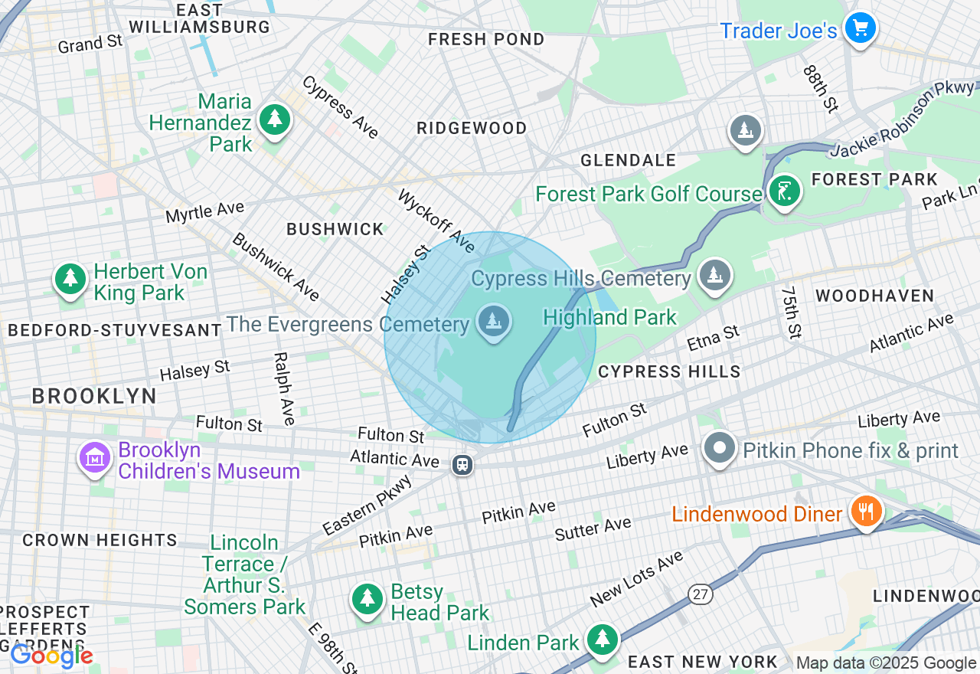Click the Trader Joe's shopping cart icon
pyautogui.click(x=860, y=29)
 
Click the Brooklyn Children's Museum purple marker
pyautogui.click(x=95, y=458)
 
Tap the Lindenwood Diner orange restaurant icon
pyautogui.click(x=865, y=511)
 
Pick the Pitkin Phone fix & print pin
pyautogui.click(x=720, y=449)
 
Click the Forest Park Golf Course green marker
pyautogui.click(x=783, y=191)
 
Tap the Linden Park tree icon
pyautogui.click(x=603, y=640)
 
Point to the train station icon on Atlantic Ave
pyautogui.click(x=462, y=464)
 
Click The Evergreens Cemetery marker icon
pyautogui.click(x=494, y=322)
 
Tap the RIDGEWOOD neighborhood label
pyautogui.click(x=472, y=129)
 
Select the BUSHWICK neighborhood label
pyautogui.click(x=335, y=229)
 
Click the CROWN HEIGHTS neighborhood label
pyautogui.click(x=100, y=541)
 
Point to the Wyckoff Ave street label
pyautogui.click(x=436, y=221)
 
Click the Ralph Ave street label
pyautogui.click(x=284, y=389)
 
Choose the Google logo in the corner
pyautogui.click(x=51, y=656)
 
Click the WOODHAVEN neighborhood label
pyautogui.click(x=874, y=296)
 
